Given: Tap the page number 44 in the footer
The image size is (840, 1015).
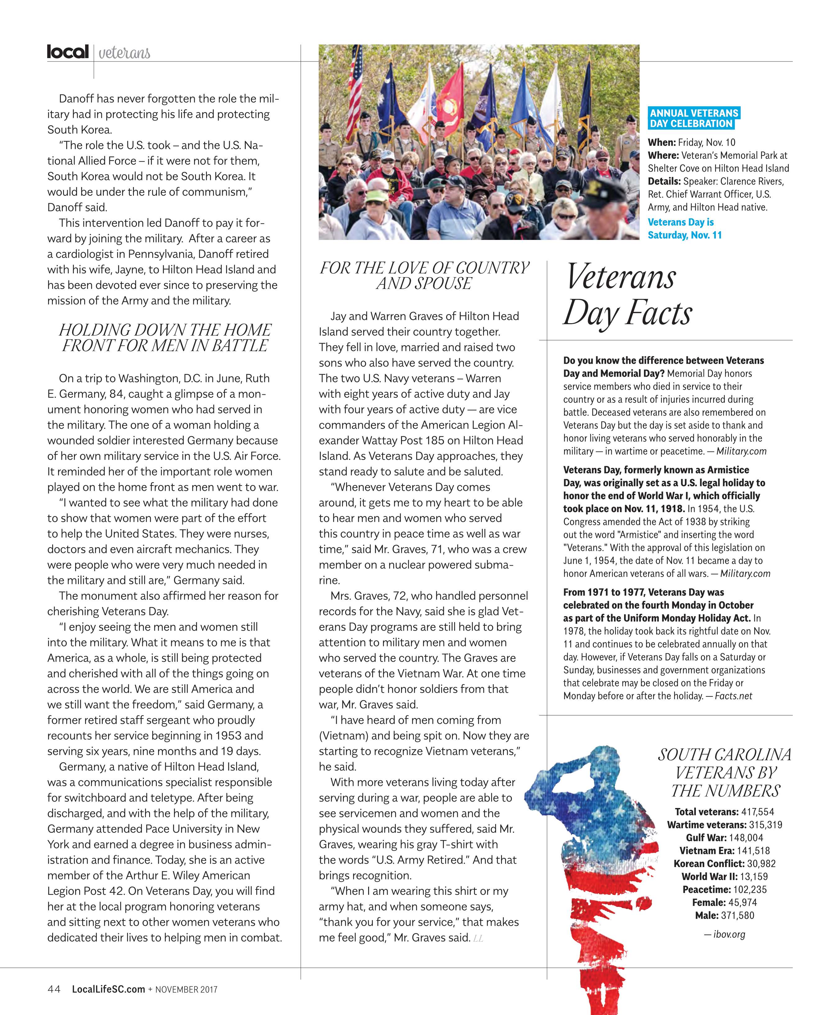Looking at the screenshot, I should [54, 989].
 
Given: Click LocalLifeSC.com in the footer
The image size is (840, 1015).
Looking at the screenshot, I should [108, 989].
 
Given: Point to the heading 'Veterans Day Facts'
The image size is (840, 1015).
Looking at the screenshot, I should [628, 295].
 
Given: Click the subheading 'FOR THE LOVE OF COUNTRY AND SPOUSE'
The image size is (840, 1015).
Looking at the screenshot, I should [424, 275].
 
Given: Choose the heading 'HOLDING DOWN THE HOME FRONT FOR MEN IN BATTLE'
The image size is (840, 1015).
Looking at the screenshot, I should [165, 338].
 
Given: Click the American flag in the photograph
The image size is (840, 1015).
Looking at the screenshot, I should [355, 90].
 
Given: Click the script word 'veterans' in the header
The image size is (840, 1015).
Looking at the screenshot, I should [124, 53].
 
